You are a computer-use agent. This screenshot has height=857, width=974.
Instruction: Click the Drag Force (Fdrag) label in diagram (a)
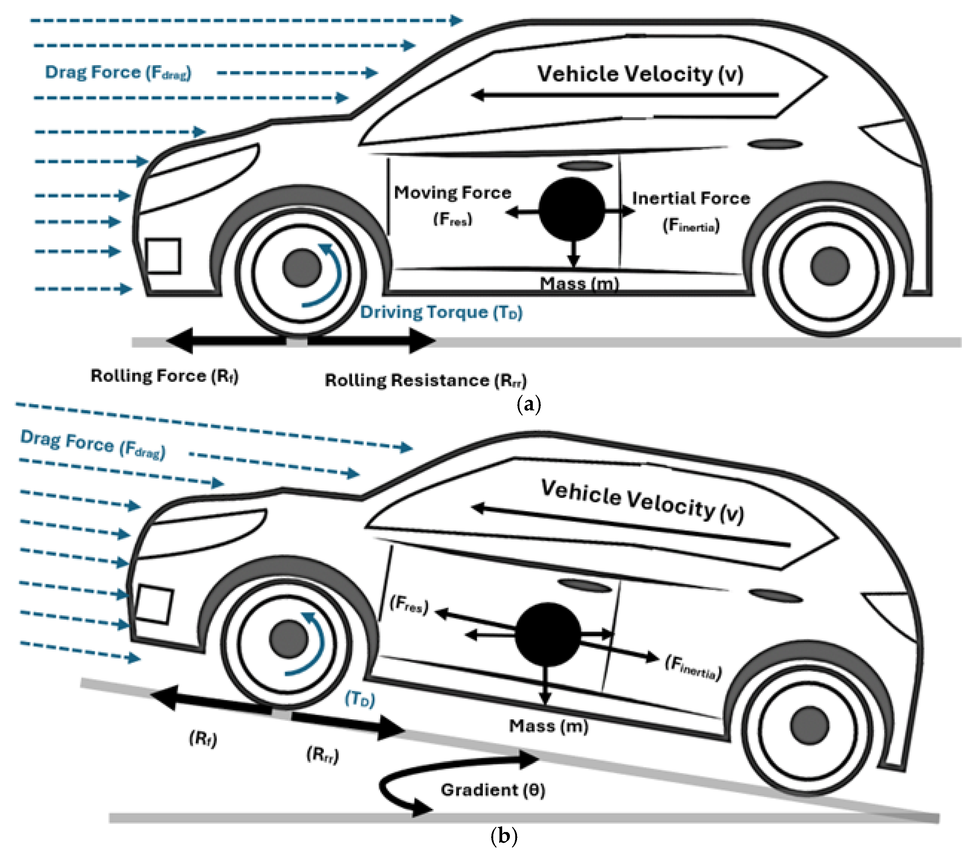(118, 73)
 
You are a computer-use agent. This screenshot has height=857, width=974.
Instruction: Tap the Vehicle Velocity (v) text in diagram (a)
(640, 74)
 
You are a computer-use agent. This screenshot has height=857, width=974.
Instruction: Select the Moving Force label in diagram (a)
(452, 193)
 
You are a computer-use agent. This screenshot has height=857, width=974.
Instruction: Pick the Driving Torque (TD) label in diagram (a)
(441, 313)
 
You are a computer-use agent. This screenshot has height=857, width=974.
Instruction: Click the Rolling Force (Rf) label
(164, 376)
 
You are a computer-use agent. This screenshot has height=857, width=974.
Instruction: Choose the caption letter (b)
(504, 836)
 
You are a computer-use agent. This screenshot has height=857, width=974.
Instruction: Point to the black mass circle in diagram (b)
(548, 634)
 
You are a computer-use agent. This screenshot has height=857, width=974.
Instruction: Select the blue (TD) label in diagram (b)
(360, 699)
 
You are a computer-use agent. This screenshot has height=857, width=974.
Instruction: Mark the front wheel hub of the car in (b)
(288, 639)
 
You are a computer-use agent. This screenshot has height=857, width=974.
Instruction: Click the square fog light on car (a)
(163, 256)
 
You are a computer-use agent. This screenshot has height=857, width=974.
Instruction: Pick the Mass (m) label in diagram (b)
(549, 726)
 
